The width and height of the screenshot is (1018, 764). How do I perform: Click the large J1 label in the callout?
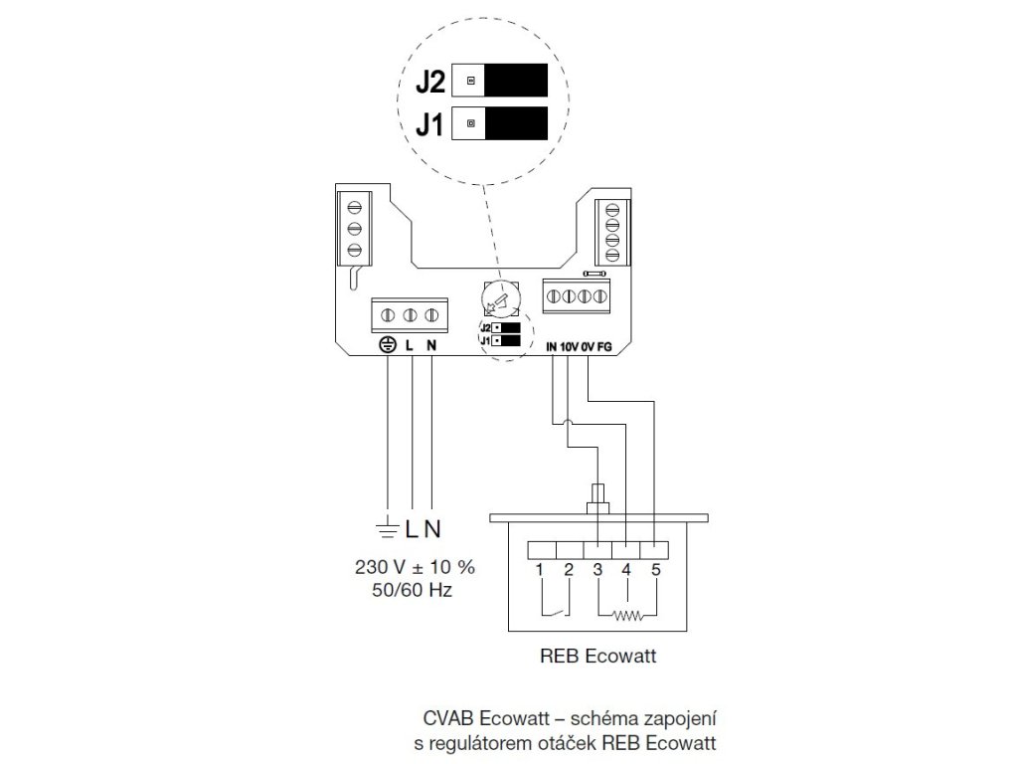click(431, 125)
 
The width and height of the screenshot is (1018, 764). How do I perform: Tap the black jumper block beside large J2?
click(516, 81)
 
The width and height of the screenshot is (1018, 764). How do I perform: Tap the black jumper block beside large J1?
click(516, 124)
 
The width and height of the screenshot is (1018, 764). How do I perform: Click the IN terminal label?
click(554, 346)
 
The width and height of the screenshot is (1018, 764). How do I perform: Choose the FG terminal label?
click(605, 346)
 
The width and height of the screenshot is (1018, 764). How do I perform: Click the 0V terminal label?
click(590, 346)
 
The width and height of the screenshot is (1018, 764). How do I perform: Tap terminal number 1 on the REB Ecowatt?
click(538, 571)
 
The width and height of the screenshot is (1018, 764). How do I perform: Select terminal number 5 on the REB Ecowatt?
click(654, 571)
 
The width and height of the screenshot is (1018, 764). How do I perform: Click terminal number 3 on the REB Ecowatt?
click(596, 571)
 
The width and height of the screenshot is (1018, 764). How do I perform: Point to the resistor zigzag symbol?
click(626, 615)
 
